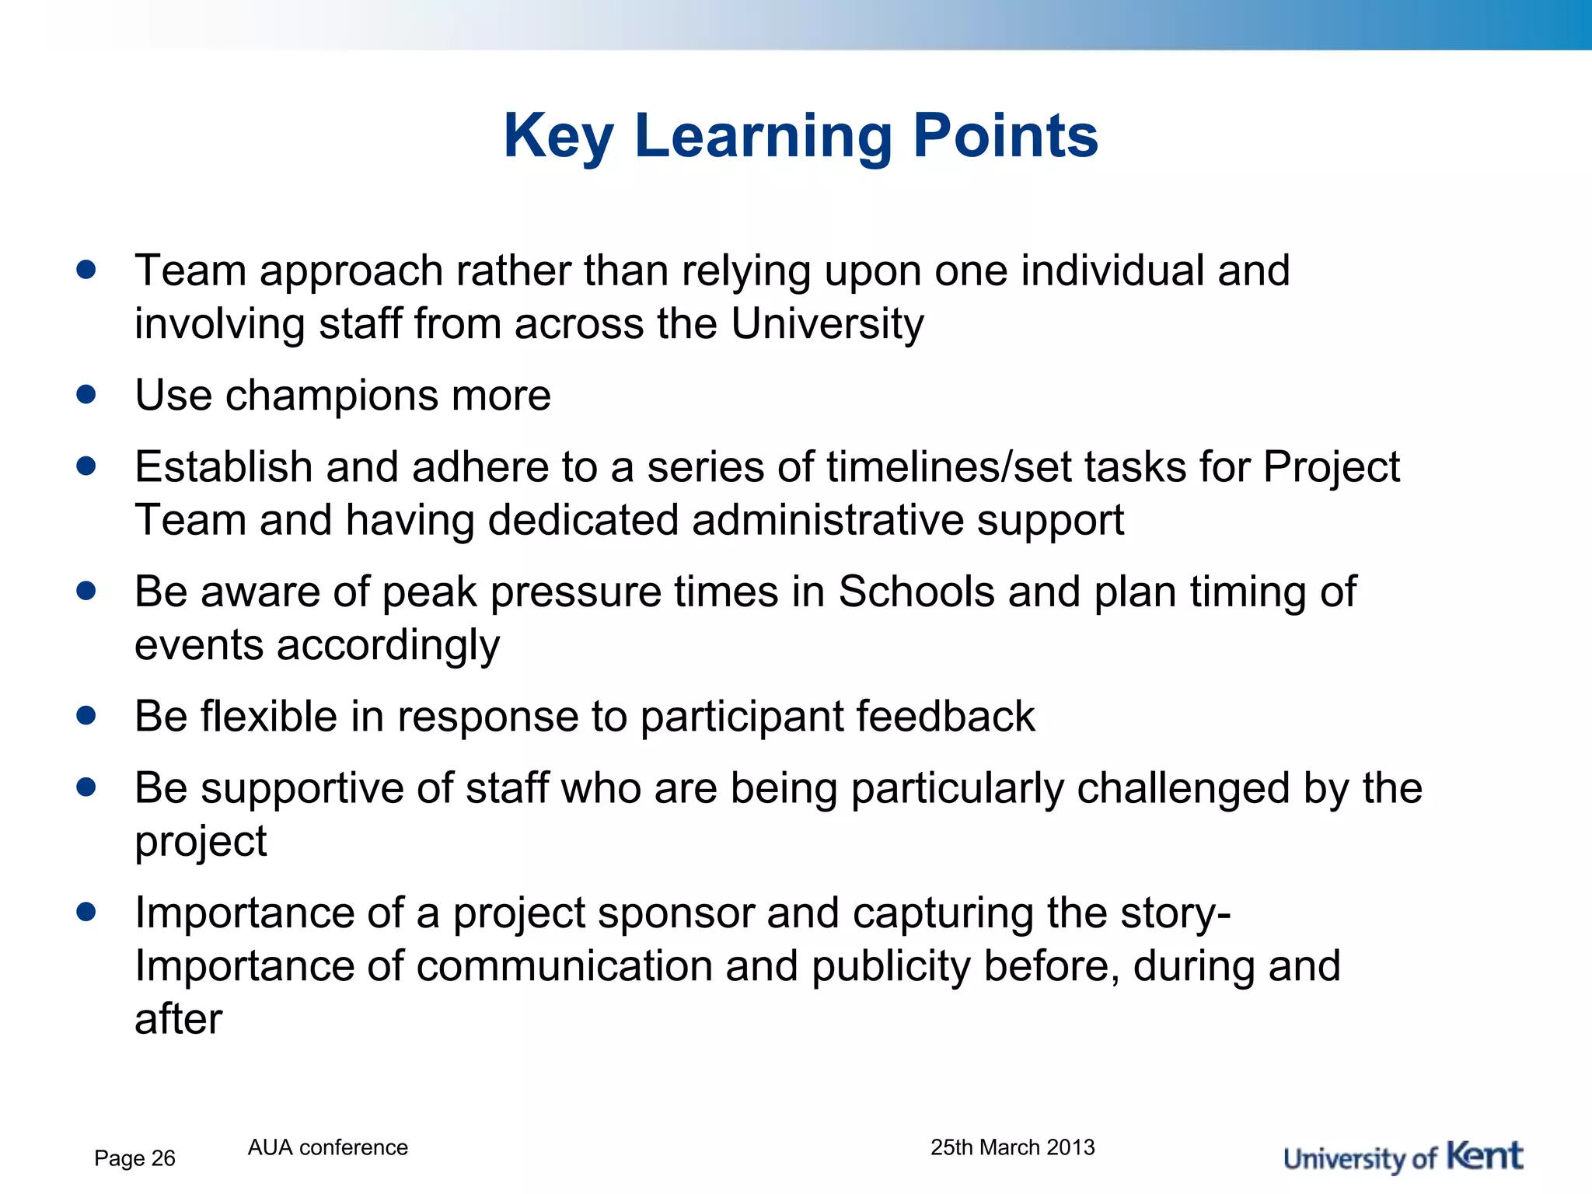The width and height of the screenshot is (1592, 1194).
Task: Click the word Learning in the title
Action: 763,137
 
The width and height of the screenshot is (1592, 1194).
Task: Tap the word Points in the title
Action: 1005,137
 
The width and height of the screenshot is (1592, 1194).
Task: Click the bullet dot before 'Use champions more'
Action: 86,394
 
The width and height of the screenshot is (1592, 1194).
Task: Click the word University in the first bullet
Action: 827,324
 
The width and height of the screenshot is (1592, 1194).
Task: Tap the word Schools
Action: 916,592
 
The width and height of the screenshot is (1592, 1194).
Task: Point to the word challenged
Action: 1183,788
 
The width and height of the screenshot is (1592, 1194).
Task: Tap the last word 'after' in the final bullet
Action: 178,1019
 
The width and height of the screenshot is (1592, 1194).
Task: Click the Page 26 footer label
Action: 134,1158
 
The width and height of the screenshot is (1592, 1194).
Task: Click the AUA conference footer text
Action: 327,1147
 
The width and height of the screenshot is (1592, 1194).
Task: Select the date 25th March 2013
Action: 1012,1147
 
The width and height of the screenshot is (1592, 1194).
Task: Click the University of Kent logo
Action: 1402,1157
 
